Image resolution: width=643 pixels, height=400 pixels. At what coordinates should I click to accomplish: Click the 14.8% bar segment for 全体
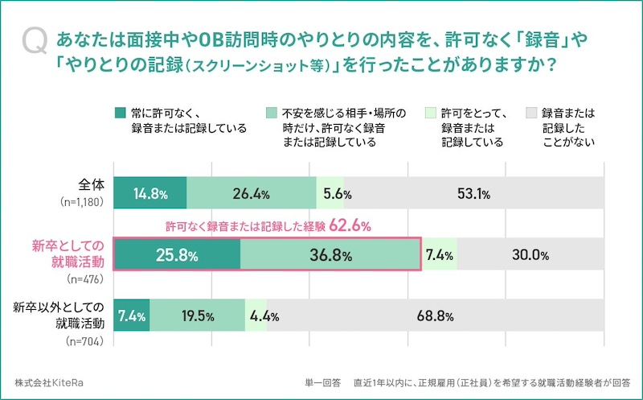150,194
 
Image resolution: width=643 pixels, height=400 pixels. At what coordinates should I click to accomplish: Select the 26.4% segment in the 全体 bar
252,194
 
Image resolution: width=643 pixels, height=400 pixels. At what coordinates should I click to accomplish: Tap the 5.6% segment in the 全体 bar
330,194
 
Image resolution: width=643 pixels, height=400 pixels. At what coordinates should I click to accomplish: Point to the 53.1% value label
473,194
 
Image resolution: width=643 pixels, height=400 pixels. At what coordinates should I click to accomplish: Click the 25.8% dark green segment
177,255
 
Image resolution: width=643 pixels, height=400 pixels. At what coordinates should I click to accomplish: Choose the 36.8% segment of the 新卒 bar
330,255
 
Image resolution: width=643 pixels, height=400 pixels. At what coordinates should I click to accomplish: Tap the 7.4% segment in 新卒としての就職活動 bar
439,255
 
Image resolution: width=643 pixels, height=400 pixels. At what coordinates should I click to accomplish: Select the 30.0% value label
530,255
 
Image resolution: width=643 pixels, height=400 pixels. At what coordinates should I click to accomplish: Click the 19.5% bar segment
196,315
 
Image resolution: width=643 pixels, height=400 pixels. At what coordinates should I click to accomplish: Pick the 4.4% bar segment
257,315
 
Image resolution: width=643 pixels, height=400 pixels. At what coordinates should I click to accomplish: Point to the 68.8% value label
436,315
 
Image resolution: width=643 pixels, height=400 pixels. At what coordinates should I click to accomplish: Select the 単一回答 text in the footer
322,381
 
